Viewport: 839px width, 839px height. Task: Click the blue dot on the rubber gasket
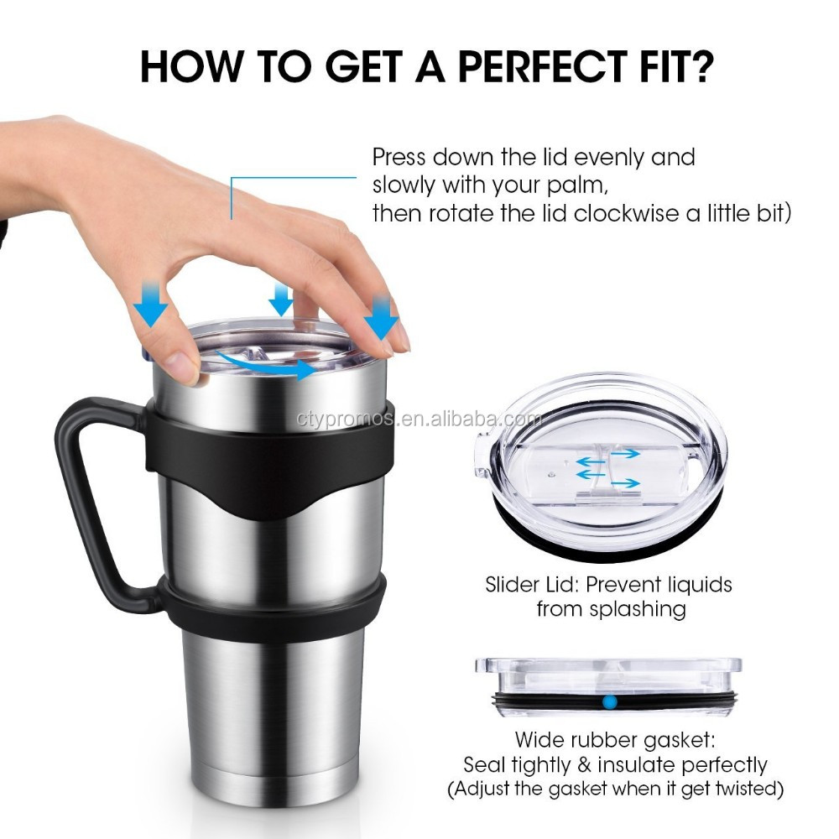(610, 698)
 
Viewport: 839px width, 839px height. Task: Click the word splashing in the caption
(638, 610)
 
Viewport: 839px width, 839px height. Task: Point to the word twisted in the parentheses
(739, 789)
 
